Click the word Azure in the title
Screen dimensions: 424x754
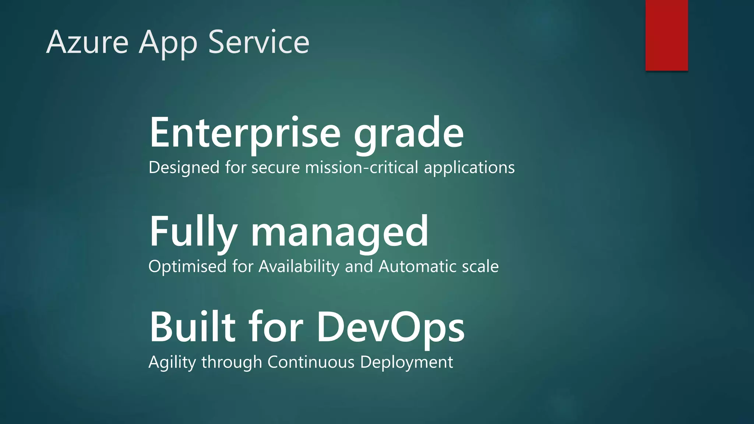click(87, 42)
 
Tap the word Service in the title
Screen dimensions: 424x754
click(258, 42)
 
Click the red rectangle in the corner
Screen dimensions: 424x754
click(666, 35)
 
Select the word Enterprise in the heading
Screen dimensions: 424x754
click(245, 132)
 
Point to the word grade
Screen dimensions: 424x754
click(409, 132)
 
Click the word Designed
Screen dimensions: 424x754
click(184, 167)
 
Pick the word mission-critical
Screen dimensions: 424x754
click(362, 167)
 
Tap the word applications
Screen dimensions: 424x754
click(469, 167)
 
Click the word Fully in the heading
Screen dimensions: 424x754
click(193, 232)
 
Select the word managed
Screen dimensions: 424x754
click(339, 232)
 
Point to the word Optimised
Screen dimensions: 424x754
click(187, 266)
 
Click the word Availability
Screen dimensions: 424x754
click(299, 266)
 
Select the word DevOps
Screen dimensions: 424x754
click(390, 327)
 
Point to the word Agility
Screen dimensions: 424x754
click(172, 362)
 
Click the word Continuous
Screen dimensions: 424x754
click(311, 362)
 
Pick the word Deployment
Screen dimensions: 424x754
click(406, 362)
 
